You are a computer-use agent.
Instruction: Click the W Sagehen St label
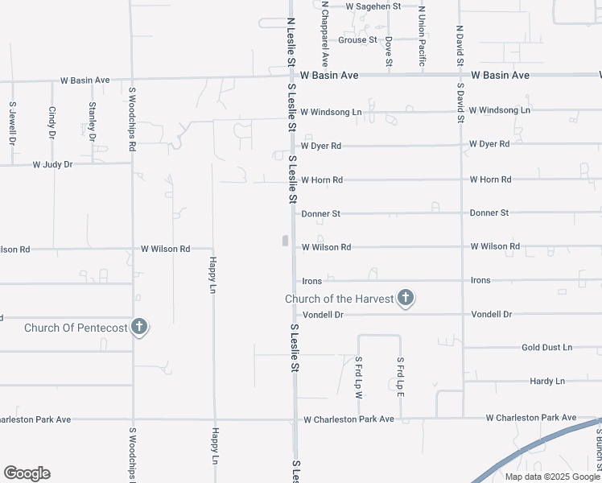(x=373, y=6)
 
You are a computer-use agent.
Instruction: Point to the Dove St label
(x=389, y=51)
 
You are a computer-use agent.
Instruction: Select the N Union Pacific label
(x=422, y=36)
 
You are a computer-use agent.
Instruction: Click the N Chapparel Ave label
(x=325, y=33)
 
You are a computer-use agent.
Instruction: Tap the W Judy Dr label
(x=52, y=164)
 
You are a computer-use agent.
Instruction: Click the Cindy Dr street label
(x=52, y=122)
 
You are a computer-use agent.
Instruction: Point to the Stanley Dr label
(x=93, y=121)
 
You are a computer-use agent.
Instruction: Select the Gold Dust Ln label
(x=546, y=347)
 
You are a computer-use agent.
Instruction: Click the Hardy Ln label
(x=547, y=381)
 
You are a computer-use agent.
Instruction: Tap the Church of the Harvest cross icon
(x=406, y=299)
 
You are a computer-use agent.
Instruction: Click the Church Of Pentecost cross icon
(x=140, y=328)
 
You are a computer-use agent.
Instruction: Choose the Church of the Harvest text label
(x=340, y=299)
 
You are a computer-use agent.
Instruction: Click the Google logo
(x=27, y=473)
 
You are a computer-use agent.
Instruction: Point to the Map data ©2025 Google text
(x=551, y=477)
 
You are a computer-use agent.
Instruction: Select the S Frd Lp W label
(x=359, y=378)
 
